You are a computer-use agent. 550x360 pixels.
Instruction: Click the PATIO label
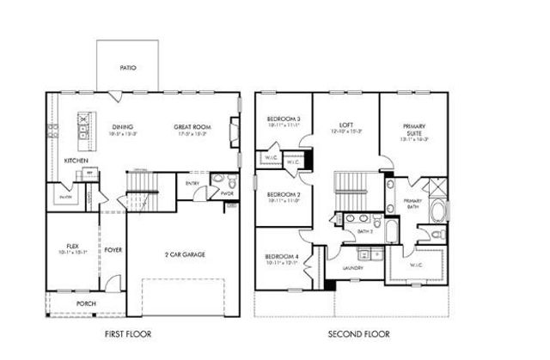(128, 67)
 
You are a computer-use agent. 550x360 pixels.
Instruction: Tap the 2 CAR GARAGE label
(184, 254)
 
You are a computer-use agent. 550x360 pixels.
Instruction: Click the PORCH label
(85, 303)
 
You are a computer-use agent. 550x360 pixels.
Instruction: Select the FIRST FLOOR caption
(128, 333)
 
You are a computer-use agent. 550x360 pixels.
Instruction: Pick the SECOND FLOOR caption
(358, 333)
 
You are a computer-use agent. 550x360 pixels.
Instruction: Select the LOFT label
(346, 125)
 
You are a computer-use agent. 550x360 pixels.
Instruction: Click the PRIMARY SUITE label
(415, 129)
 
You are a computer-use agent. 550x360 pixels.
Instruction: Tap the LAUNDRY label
(352, 268)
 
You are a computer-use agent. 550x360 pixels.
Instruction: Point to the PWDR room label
(227, 194)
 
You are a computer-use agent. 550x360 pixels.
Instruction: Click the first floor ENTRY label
(192, 182)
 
